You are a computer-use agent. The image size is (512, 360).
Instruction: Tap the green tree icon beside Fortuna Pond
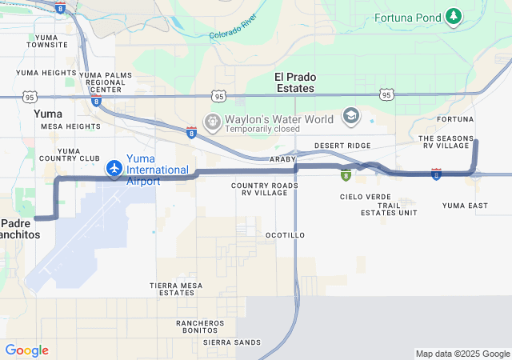[x=454, y=15]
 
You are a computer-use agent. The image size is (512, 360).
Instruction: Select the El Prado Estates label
[x=294, y=82]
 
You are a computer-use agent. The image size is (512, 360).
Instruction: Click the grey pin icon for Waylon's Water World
[x=213, y=122]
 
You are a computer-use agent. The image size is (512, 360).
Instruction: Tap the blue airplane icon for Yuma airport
[x=114, y=169]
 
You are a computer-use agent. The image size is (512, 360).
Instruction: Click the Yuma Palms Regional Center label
[x=105, y=82]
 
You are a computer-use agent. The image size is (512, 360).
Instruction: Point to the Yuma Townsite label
[x=46, y=40]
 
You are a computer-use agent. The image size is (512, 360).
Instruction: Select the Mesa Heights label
[x=70, y=126]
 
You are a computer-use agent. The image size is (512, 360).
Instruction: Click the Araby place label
[x=282, y=159]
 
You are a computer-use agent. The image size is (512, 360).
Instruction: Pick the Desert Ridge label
[x=342, y=146]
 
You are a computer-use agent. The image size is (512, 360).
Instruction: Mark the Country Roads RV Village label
[x=265, y=190]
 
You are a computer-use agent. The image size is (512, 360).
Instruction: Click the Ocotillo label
[x=285, y=235]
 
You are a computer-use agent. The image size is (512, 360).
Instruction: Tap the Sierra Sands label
[x=232, y=342]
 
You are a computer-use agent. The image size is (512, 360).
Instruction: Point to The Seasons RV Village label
[x=445, y=142]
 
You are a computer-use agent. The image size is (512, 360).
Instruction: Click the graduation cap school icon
[x=350, y=117]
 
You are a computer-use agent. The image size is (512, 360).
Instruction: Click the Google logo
[x=26, y=350]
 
